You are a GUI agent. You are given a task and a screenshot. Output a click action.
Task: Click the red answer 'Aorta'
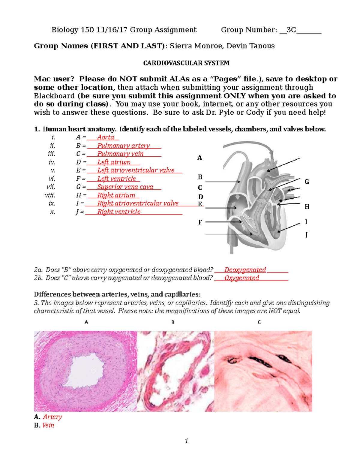pos(106,137)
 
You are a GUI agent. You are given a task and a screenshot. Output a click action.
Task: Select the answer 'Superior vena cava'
pos(125,187)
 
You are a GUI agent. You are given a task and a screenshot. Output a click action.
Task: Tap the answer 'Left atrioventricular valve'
pos(136,170)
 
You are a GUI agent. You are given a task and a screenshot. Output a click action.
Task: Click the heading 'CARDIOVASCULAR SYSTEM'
pos(186,63)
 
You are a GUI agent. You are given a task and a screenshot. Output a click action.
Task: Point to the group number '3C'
pos(291,30)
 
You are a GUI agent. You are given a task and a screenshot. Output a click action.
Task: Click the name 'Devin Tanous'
pos(250,46)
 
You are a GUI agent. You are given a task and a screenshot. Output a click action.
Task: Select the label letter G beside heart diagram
pos(307,182)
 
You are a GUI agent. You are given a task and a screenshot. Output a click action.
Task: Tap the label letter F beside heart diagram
pos(200,222)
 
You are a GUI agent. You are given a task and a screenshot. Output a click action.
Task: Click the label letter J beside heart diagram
pos(306,235)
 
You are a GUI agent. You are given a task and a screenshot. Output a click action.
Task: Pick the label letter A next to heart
pos(199,158)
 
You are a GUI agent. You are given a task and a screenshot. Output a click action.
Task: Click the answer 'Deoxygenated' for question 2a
pos(245,270)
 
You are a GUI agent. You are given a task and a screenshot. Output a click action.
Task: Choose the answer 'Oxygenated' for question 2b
pos(241,278)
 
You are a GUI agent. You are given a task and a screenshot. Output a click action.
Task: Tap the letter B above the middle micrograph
pos(173,322)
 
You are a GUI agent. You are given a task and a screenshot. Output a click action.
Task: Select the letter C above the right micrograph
pos(259,322)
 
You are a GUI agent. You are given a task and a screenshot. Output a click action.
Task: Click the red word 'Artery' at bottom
pos(52,417)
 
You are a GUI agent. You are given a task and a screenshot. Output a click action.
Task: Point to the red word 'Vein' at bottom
pos(48,425)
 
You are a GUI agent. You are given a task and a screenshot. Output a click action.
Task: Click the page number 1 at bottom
pos(186,441)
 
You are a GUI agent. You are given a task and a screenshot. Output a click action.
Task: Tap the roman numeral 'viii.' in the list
pos(50,195)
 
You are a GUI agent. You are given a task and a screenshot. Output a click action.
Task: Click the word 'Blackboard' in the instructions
pos(54,96)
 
